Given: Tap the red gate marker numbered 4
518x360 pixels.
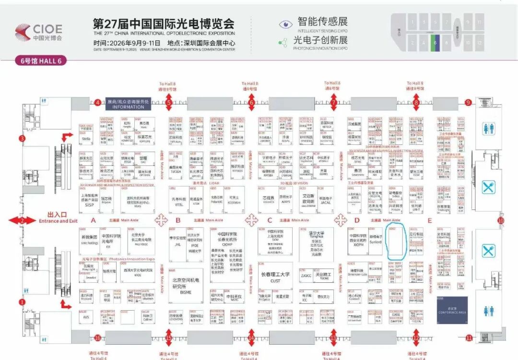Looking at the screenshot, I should (x=97, y=102).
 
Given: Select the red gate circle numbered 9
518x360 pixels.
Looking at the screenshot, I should (x=468, y=103).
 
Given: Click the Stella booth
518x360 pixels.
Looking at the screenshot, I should (x=86, y=138).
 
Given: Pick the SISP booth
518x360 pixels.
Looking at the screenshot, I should (x=90, y=202).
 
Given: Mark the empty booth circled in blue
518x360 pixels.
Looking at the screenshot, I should (x=395, y=242).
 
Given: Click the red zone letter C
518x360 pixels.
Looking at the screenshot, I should (x=270, y=221).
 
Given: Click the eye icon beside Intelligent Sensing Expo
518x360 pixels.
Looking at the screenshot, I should (x=286, y=24).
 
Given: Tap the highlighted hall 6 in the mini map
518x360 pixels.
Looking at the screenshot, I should (x=435, y=43).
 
